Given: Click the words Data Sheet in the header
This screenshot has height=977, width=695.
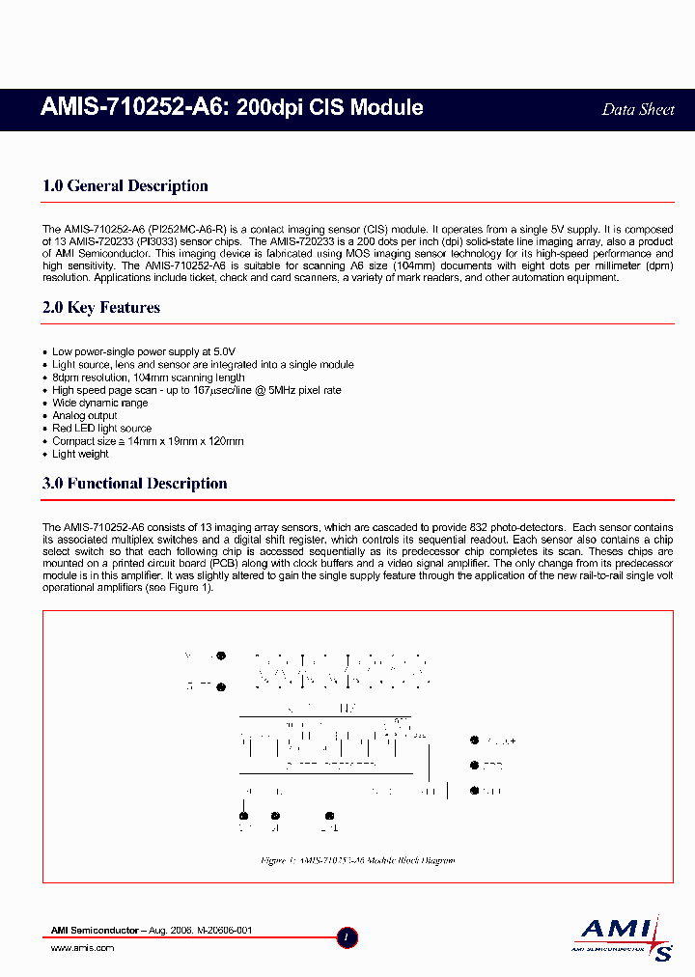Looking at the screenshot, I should [637, 109].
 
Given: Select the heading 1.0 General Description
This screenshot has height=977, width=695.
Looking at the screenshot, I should [125, 186].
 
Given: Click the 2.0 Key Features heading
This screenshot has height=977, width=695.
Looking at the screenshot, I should [101, 308].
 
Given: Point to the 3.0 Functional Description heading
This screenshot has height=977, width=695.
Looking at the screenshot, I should [135, 484].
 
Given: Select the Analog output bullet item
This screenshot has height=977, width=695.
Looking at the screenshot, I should [85, 415].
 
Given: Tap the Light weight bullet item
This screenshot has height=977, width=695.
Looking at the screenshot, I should [80, 453].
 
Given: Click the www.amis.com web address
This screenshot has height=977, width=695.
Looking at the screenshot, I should [82, 948].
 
